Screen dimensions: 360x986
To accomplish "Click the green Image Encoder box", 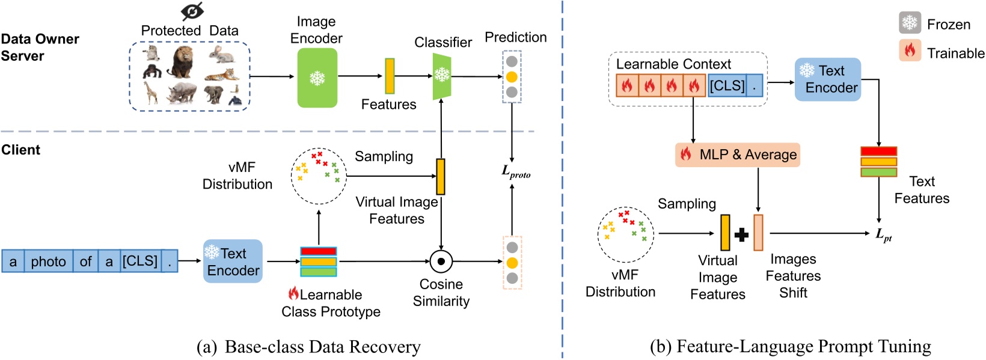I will pos(317,78).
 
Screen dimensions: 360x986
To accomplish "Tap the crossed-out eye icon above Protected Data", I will pos(192,11).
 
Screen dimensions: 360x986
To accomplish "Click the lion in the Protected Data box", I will pos(181,62).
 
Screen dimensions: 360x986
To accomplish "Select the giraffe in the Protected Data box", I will pos(150,93).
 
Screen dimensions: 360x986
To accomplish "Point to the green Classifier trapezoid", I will pos(442,76).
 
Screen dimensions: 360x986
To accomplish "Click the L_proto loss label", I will pos(516,172).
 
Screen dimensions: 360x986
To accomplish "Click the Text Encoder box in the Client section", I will pos(233,261).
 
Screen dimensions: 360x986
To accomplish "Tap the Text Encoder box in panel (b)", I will pos(828,79).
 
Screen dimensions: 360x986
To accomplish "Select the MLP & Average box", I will pos(738,154).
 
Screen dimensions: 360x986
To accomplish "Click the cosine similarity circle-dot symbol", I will pos(441,261).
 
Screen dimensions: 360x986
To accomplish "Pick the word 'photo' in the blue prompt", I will pos(48,261).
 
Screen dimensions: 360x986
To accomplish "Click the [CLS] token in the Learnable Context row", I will pos(727,86).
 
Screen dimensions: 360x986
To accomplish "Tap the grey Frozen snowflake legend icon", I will pos(910,23).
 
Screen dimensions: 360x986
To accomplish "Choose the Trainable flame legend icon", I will pos(910,51).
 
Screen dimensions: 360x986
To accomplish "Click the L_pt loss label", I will pos(883,235).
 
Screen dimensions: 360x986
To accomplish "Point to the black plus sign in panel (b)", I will pos(741,234).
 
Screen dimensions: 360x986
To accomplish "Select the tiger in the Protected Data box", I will pos(222,75).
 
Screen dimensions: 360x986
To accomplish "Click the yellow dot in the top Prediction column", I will pos(512,77).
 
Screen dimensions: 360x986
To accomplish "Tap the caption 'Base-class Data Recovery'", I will pos(322,347).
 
